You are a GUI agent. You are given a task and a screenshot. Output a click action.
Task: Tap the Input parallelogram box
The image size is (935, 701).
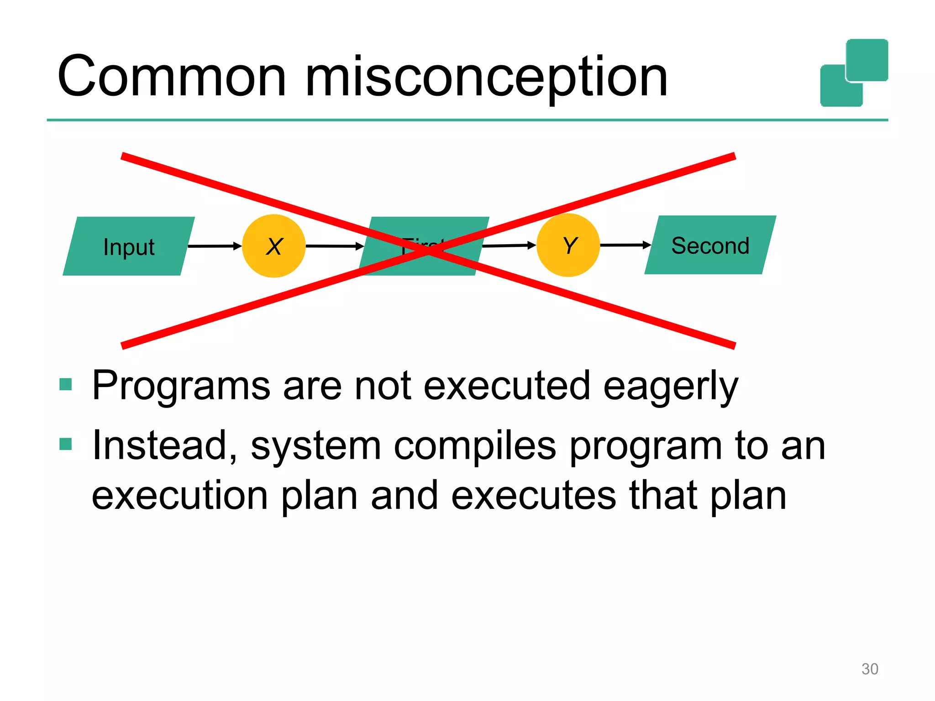click(129, 246)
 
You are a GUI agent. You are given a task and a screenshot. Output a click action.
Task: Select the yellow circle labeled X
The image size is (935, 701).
click(273, 246)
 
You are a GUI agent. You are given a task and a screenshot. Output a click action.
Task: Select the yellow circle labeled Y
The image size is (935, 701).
click(568, 245)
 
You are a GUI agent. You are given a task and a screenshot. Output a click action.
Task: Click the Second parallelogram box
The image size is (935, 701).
click(710, 245)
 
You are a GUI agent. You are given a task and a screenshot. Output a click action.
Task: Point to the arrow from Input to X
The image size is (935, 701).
click(214, 246)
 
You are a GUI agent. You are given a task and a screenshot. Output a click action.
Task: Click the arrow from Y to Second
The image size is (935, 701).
click(625, 245)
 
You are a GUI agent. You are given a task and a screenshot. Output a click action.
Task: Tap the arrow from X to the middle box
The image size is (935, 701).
click(334, 246)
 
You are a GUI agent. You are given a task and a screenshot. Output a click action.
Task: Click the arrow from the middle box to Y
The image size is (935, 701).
click(509, 246)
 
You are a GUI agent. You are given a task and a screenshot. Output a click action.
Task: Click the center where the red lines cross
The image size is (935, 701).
click(428, 251)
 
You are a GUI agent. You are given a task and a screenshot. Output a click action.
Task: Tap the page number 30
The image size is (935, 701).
click(869, 669)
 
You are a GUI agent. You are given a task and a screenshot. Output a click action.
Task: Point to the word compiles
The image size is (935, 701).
click(475, 446)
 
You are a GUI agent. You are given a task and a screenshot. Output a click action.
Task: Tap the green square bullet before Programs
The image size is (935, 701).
click(66, 384)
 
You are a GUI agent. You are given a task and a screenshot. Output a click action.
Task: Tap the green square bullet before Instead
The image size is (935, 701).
click(66, 444)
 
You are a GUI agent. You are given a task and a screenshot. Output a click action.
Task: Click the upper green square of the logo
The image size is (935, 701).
click(867, 60)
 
